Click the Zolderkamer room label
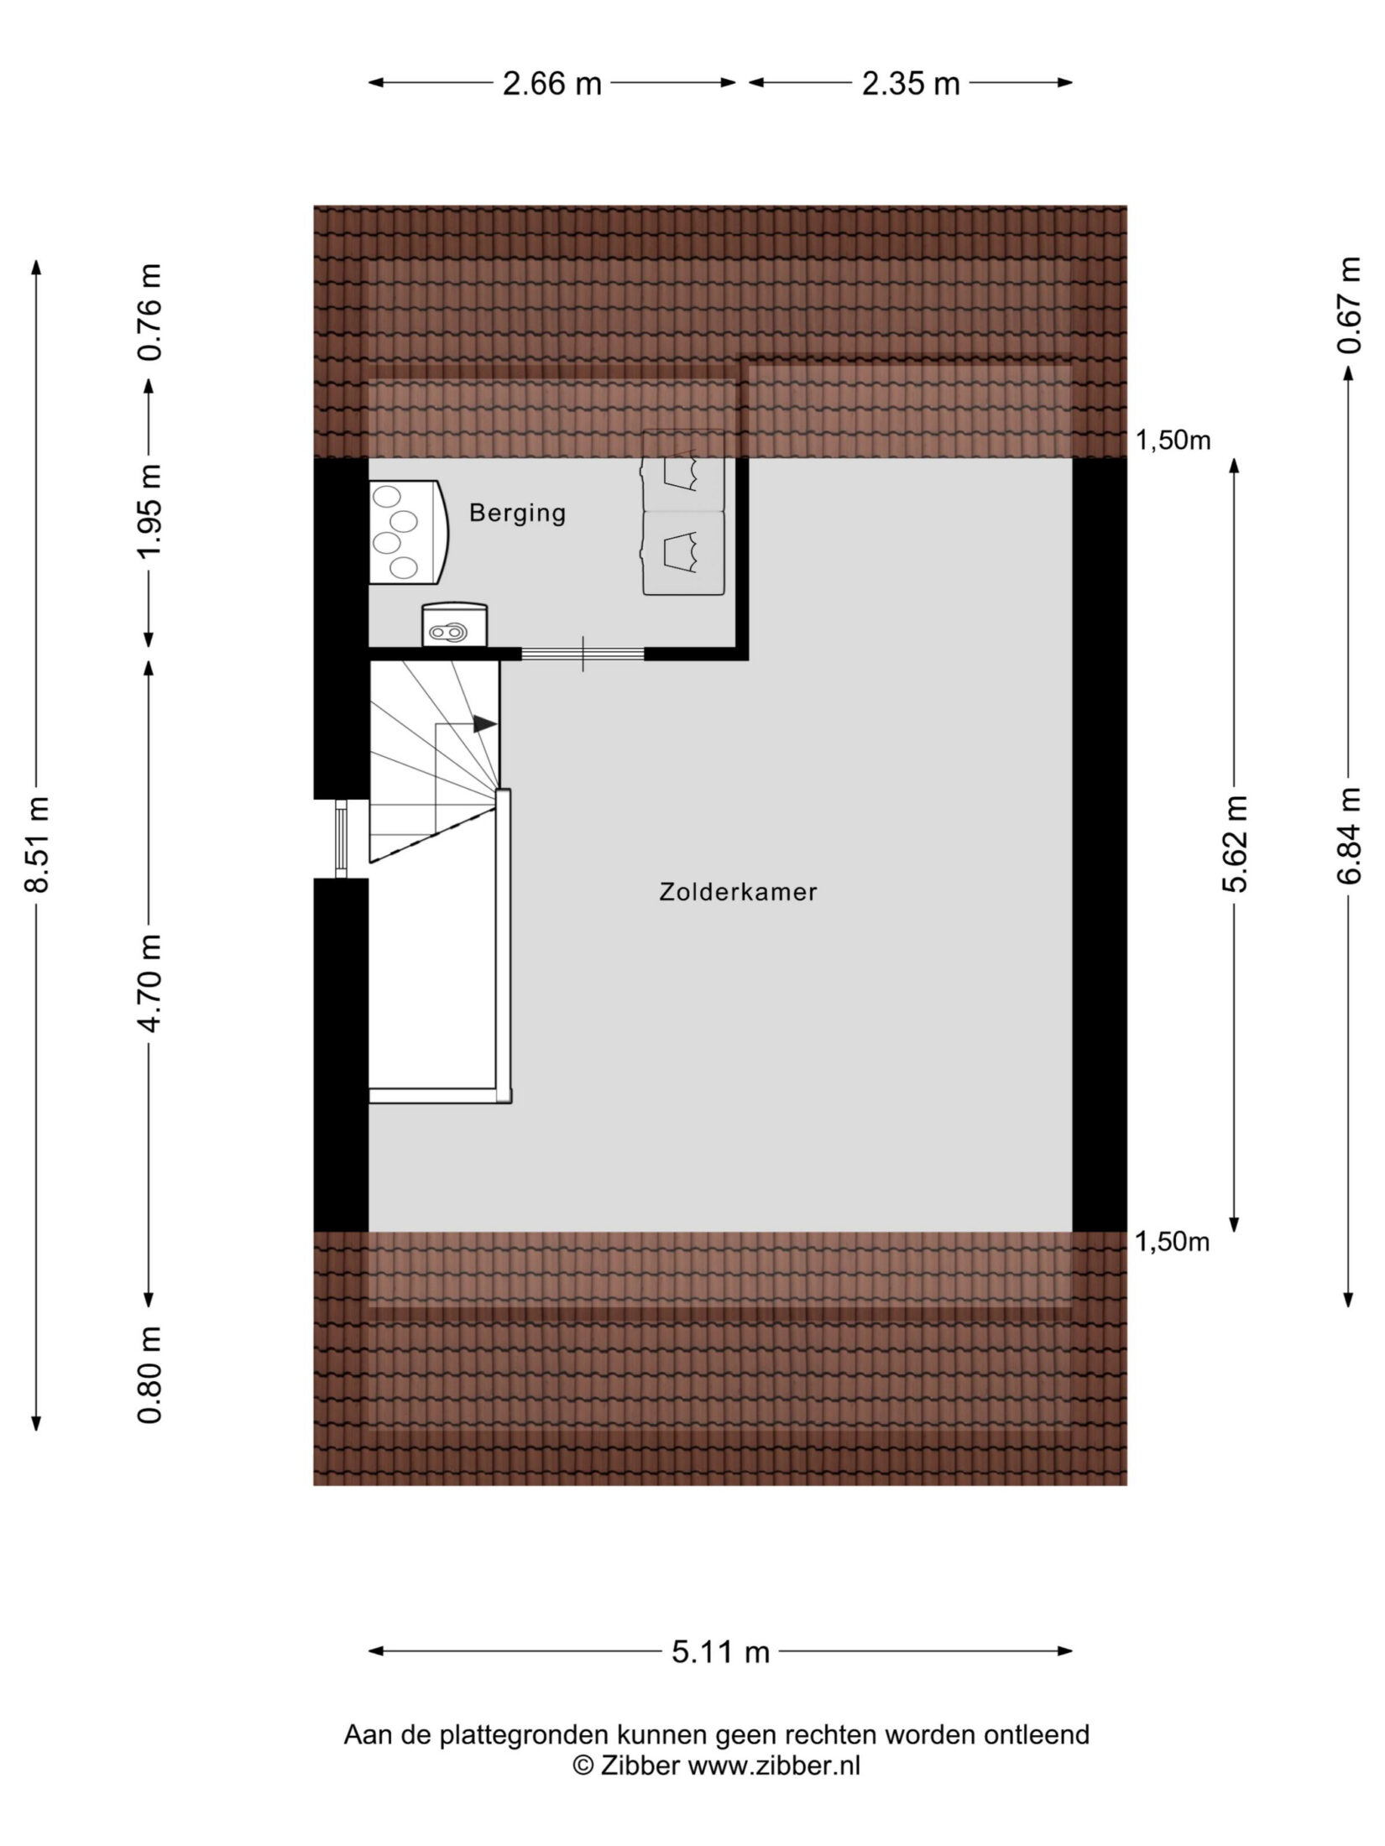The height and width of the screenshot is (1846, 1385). coord(738,893)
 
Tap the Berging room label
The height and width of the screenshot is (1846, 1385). coord(517,514)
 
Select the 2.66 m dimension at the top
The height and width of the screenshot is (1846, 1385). coord(552,84)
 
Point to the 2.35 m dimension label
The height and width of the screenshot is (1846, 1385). coord(911,84)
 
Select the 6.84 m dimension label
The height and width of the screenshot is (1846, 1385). coord(1349,835)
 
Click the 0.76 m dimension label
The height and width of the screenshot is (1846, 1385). coord(151,312)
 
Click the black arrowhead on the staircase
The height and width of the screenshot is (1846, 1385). coord(484,724)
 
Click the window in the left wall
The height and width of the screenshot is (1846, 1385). coord(341,839)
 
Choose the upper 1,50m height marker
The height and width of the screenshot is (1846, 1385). coord(1173,441)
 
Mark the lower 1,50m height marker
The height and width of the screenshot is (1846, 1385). coord(1173,1243)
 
